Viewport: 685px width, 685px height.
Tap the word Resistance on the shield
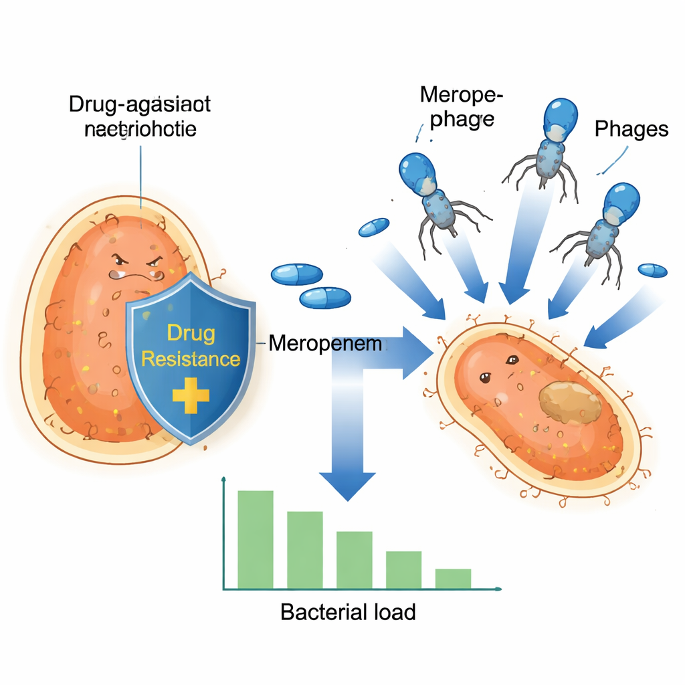coord(191,359)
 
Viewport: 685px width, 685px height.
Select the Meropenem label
coord(325,345)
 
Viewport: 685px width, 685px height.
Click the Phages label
coord(631,128)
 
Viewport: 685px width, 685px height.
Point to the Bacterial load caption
coord(348,612)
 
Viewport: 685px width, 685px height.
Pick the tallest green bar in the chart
coord(256,539)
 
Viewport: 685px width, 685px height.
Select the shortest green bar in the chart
coord(453,578)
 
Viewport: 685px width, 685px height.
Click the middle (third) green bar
coord(355,559)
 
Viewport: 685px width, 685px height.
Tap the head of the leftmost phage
coord(417,171)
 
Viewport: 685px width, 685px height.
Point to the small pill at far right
coord(652,270)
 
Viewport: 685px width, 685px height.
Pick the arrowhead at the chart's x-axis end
coord(498,589)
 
